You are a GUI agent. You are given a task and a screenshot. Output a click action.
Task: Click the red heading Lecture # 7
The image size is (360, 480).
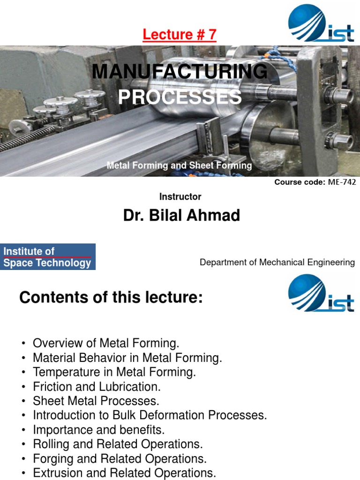(x=180, y=35)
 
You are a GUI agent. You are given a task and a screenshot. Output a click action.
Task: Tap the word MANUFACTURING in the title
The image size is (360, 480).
(x=180, y=72)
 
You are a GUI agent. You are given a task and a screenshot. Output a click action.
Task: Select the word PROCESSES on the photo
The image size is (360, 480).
(x=180, y=97)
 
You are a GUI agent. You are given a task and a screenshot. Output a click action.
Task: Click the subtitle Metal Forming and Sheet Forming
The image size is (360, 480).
(x=179, y=165)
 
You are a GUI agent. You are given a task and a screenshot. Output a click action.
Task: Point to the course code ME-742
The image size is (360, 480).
(x=341, y=182)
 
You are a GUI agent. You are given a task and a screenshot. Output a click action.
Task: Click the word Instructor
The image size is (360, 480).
(x=180, y=197)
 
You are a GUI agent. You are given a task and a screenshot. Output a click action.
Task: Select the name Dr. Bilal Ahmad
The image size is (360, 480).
(x=181, y=216)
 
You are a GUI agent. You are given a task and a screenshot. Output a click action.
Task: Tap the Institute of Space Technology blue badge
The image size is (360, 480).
(x=48, y=257)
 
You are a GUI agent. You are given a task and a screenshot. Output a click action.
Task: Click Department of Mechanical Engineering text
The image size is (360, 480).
(x=277, y=262)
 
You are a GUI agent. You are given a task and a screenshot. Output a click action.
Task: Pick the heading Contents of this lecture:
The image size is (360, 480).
(x=111, y=297)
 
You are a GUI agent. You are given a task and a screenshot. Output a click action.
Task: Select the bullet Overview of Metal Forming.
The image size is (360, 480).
(x=106, y=344)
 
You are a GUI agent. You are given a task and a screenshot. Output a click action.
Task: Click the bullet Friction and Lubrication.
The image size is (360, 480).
(x=97, y=387)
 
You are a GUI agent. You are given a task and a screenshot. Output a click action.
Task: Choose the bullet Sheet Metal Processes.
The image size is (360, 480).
(x=96, y=401)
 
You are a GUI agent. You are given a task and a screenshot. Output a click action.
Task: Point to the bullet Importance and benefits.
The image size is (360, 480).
(x=98, y=430)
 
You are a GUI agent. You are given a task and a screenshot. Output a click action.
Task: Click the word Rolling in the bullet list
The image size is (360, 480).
(x=49, y=444)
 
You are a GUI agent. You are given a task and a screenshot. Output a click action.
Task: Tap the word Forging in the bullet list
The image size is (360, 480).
(x=50, y=459)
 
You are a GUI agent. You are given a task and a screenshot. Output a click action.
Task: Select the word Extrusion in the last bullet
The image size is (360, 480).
(x=54, y=473)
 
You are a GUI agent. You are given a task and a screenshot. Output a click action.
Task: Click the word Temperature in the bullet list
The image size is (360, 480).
(x=62, y=373)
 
